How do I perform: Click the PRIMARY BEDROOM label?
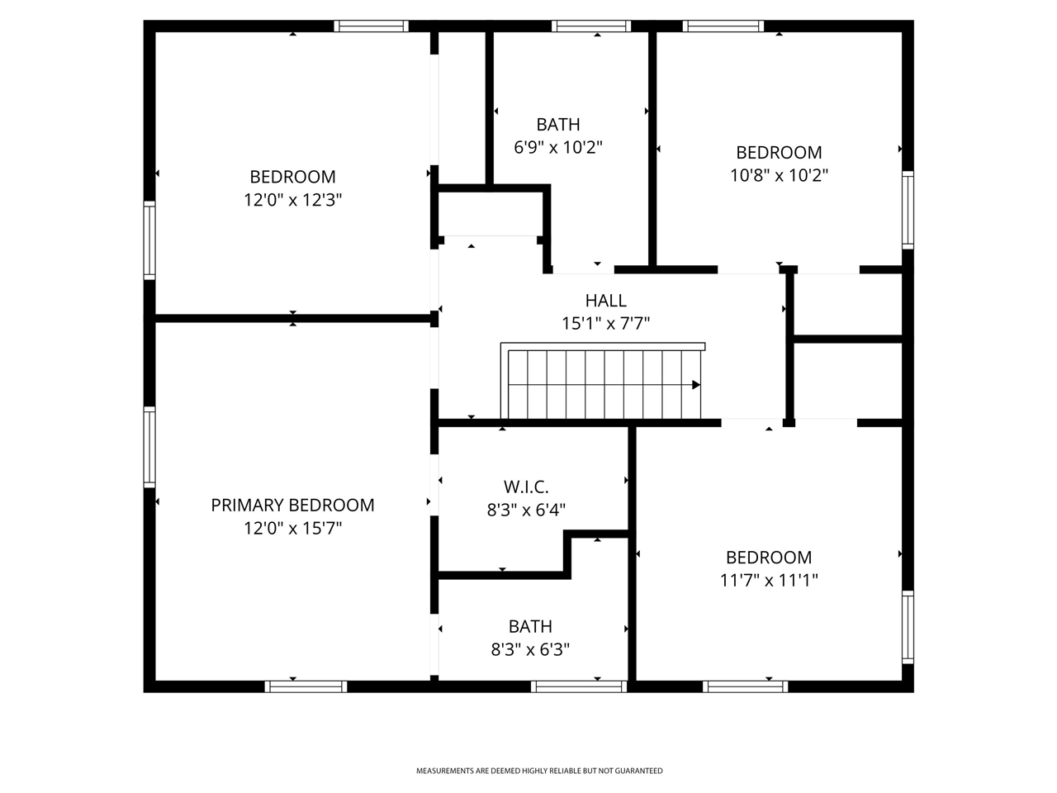coord(292,505)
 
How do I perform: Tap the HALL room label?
coord(605,301)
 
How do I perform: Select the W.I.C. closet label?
coord(526,487)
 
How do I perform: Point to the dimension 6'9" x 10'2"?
coord(558,148)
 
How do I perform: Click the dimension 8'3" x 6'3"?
coord(530,650)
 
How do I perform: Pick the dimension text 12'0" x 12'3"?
coord(292,200)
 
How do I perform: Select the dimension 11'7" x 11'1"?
coord(768,581)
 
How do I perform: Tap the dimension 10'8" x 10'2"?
coord(779,175)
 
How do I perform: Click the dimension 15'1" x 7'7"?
coord(605,324)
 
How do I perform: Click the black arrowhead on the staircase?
coord(696,385)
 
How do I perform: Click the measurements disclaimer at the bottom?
coord(538,771)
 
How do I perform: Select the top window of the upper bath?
coord(591,26)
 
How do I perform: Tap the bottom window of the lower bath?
coord(579,686)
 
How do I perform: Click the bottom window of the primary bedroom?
coord(306,686)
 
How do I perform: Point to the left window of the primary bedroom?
coord(149,446)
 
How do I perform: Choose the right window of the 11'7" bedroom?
coord(908,627)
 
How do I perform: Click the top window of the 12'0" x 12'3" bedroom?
coord(371,26)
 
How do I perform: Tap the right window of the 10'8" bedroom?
coord(908,210)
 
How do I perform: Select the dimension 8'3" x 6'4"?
coord(526,510)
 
